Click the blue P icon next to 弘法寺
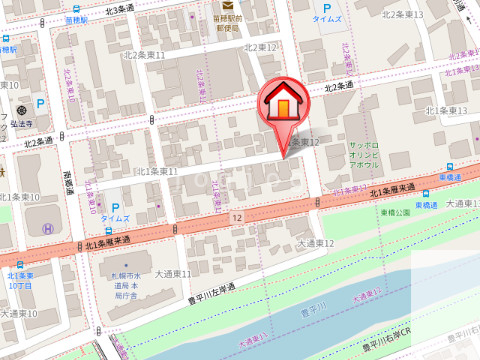coord(40,102)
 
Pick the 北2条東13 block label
coord(403,15)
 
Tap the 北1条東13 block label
coord(447,110)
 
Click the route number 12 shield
coord(236,216)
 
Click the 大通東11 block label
coord(172,273)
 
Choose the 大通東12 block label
coord(315,243)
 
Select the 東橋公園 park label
coord(394,212)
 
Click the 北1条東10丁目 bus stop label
coord(20,281)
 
